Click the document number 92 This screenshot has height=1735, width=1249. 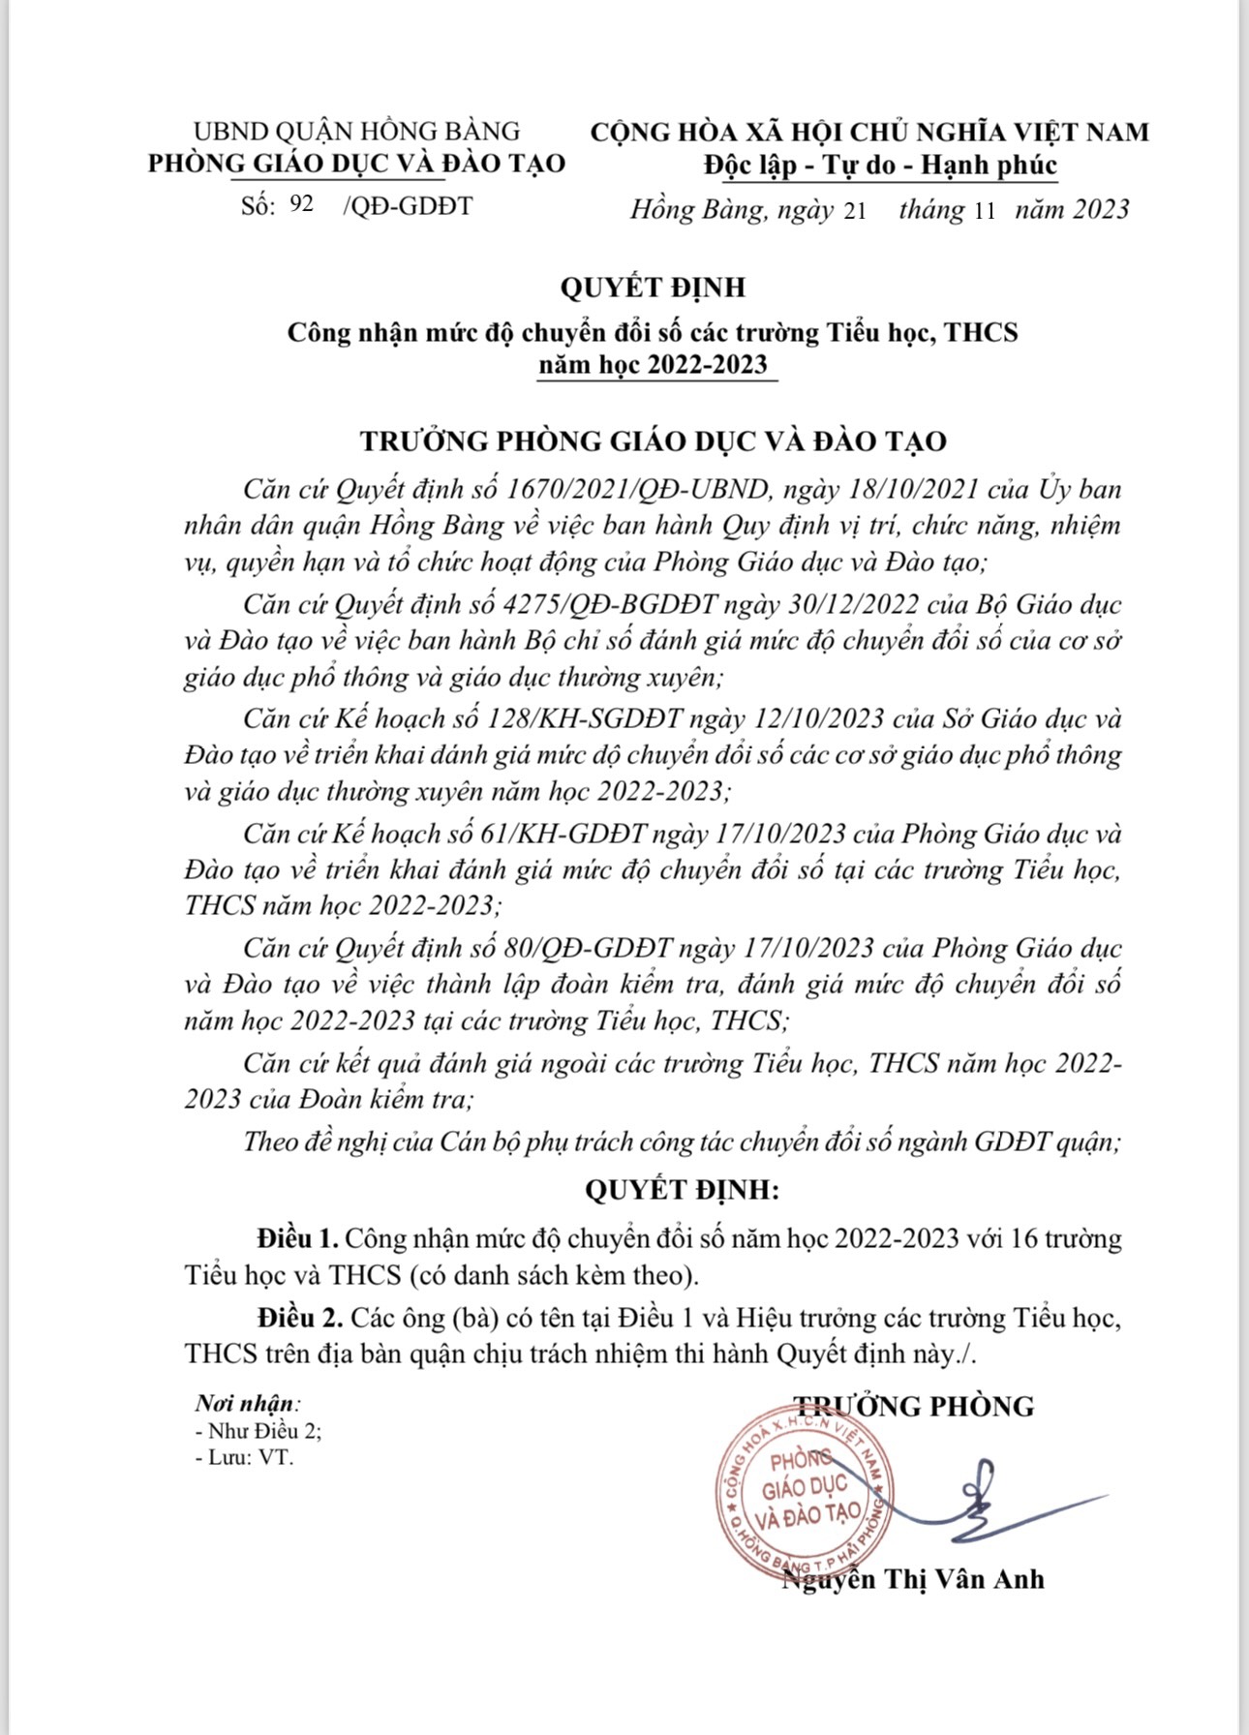[301, 204]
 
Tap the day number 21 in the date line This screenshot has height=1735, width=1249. [855, 211]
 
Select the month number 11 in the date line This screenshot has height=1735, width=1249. [984, 211]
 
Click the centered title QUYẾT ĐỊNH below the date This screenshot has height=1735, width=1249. [653, 288]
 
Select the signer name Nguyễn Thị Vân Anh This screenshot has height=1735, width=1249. [913, 1579]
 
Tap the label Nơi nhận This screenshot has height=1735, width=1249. [247, 1403]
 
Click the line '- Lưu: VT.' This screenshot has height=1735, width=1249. [244, 1456]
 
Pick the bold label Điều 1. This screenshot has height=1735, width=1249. [297, 1238]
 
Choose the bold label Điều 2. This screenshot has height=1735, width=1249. [300, 1318]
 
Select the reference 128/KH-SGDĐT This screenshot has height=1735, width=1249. [591, 718]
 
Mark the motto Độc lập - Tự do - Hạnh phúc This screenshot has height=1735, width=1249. [880, 166]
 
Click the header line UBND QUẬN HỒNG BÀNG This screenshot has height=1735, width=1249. [356, 132]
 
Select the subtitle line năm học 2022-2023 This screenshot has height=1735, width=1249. [654, 365]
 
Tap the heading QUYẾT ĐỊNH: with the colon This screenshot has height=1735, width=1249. [682, 1190]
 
